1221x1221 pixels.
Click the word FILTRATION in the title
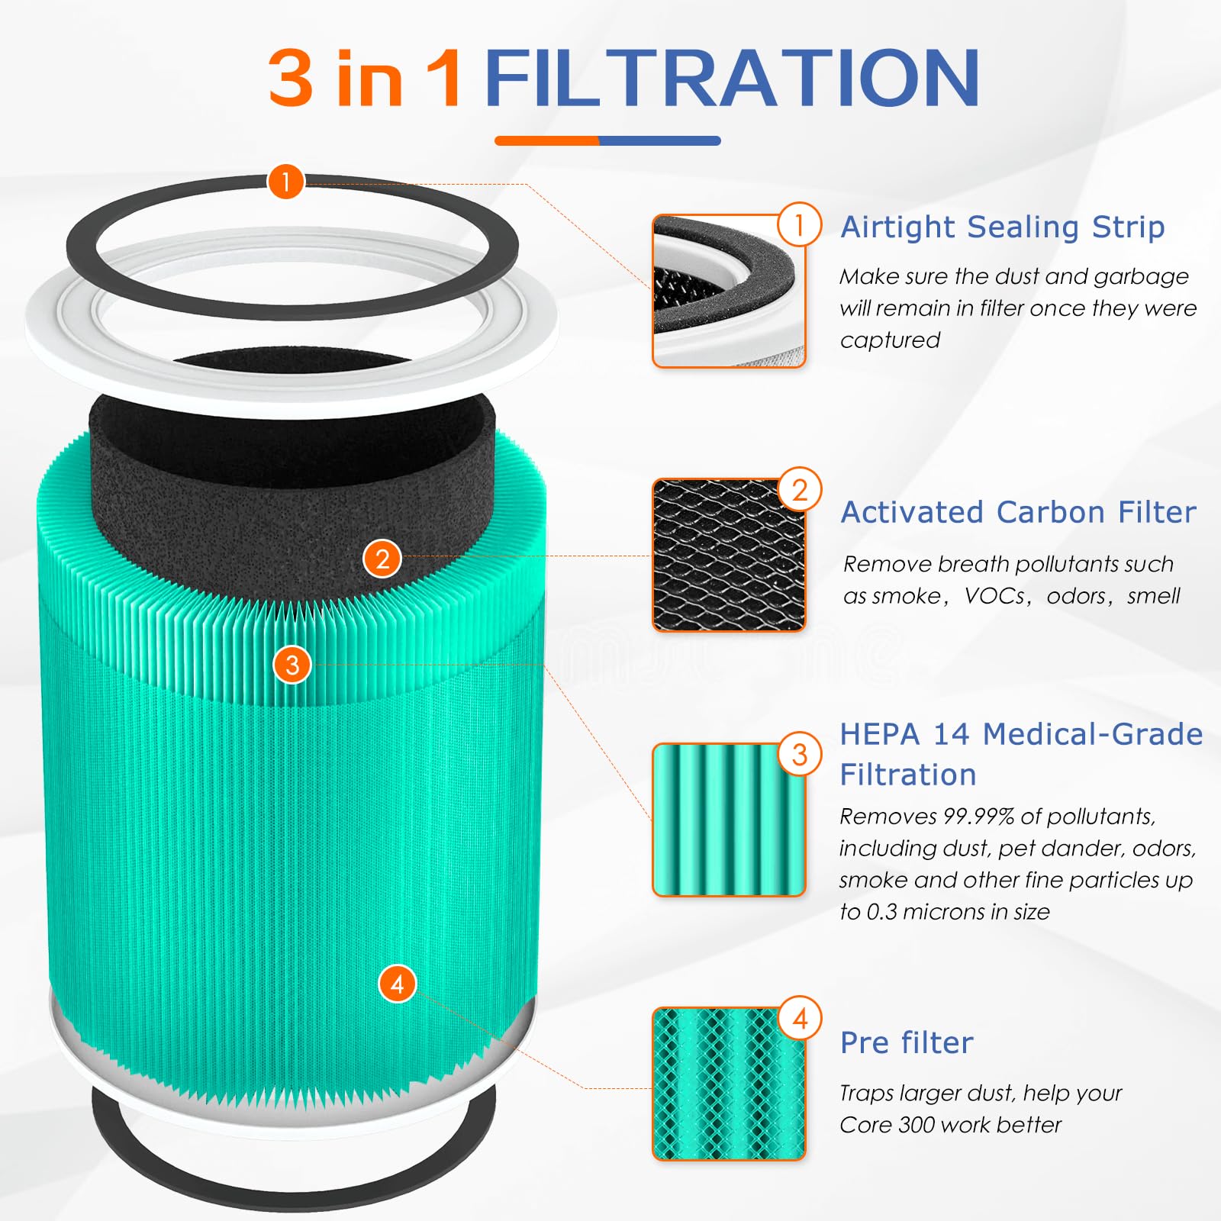click(x=731, y=78)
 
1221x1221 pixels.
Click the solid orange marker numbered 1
click(x=286, y=182)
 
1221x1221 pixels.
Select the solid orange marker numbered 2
click(x=382, y=559)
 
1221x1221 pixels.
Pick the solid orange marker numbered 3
click(x=292, y=665)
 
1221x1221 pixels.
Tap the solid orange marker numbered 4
click(x=397, y=984)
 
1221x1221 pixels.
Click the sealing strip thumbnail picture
click(x=728, y=292)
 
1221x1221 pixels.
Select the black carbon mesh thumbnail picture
click(x=728, y=556)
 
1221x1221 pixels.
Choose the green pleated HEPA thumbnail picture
click(x=728, y=820)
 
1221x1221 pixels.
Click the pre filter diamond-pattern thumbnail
click(x=728, y=1084)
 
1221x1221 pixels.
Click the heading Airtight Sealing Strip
click(x=1002, y=227)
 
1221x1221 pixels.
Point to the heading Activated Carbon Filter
click(x=1018, y=512)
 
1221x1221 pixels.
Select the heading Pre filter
click(x=907, y=1042)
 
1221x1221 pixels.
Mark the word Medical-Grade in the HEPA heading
click(x=1093, y=734)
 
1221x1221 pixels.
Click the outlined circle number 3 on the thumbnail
click(x=799, y=755)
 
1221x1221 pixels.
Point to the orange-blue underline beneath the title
click(x=607, y=140)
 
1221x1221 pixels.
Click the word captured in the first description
click(x=890, y=340)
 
